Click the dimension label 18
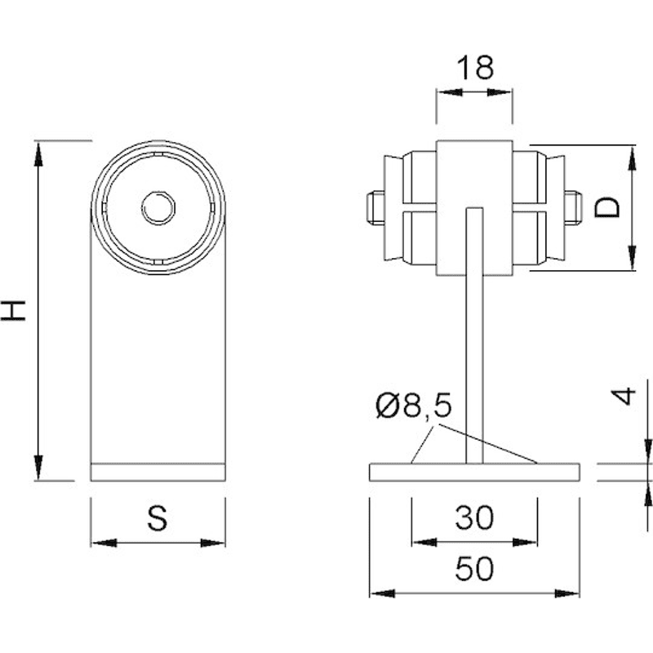pyautogui.click(x=475, y=68)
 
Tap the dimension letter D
pyautogui.click(x=606, y=207)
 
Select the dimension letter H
pyautogui.click(x=13, y=310)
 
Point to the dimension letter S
pyautogui.click(x=158, y=518)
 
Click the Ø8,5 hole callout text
pyautogui.click(x=414, y=406)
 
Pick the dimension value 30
pyautogui.click(x=474, y=518)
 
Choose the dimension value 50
pyautogui.click(x=474, y=568)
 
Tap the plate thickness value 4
pyautogui.click(x=624, y=396)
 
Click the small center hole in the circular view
pyautogui.click(x=158, y=208)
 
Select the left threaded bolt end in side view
pyautogui.click(x=375, y=207)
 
